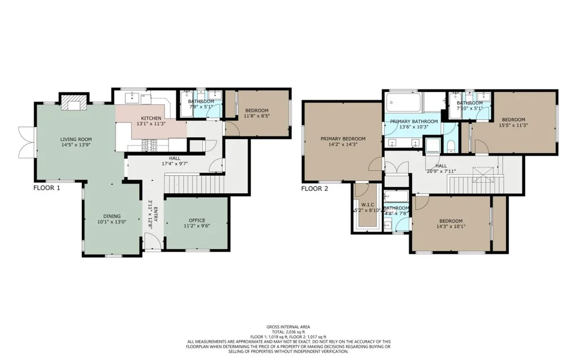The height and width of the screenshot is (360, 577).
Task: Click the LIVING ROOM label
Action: point(76,140)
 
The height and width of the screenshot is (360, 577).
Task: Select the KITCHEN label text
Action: point(151,118)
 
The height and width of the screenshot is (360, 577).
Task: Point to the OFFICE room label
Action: point(197,220)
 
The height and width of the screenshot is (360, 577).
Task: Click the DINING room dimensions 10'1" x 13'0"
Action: point(112,222)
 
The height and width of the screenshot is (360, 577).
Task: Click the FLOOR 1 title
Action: point(47,188)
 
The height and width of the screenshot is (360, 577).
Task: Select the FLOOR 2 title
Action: point(314,189)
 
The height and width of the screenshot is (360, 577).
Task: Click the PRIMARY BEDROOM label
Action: point(343,139)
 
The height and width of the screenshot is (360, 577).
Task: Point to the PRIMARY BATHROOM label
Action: point(414,122)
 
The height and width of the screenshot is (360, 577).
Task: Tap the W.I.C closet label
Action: point(367,205)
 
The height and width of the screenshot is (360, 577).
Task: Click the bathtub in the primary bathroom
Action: point(403,103)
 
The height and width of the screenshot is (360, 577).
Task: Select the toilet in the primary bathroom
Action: point(450,146)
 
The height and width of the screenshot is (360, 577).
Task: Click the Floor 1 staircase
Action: point(194,184)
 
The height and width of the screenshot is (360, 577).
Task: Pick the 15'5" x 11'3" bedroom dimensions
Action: point(513,125)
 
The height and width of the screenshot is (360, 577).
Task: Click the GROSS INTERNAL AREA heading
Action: point(288,327)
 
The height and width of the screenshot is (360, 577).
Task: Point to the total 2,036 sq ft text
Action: point(288,332)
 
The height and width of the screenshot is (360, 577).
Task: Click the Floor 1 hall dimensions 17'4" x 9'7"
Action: point(175,163)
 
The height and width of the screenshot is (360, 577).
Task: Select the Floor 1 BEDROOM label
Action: point(256,110)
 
